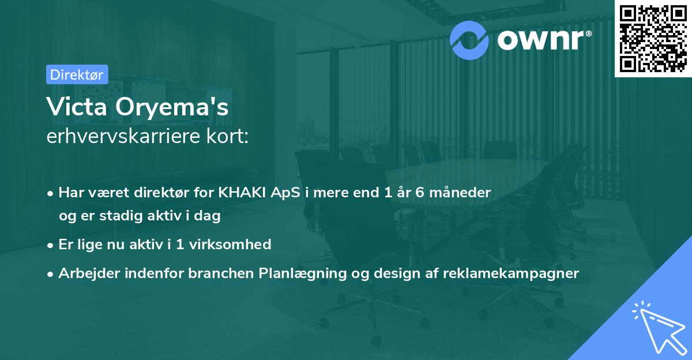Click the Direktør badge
(x=77, y=74)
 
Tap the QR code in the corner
(x=653, y=38)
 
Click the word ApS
(x=282, y=193)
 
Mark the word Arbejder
(x=85, y=273)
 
